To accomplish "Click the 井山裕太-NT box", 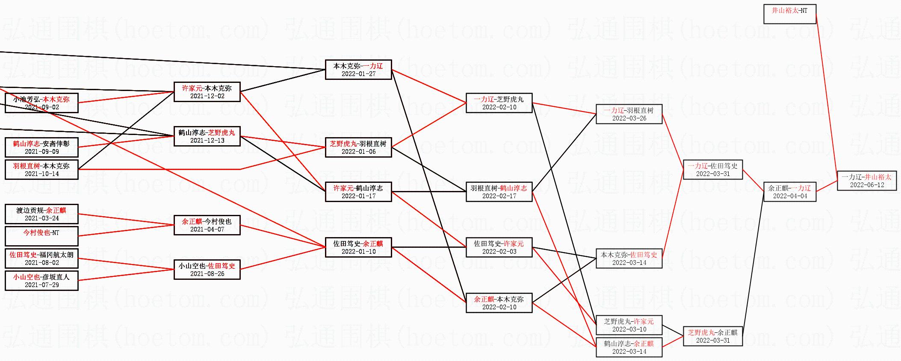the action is pyautogui.click(x=789, y=14).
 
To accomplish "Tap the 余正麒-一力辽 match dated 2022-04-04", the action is pyautogui.click(x=790, y=192).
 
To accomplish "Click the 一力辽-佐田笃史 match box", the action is pyautogui.click(x=712, y=170).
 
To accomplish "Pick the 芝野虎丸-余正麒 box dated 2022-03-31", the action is pyautogui.click(x=712, y=336).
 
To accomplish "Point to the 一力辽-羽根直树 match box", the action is pyautogui.click(x=629, y=114).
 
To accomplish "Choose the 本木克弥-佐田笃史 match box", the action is pyautogui.click(x=629, y=258).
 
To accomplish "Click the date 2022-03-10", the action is pyautogui.click(x=629, y=329).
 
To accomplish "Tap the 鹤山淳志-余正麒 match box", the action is pyautogui.click(x=629, y=347).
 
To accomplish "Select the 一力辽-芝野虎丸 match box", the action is pyautogui.click(x=499, y=103).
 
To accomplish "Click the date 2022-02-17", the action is pyautogui.click(x=499, y=196).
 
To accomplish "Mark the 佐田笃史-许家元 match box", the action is pyautogui.click(x=499, y=247).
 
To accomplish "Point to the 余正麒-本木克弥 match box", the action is pyautogui.click(x=499, y=303).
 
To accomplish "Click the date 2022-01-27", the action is pyautogui.click(x=358, y=74).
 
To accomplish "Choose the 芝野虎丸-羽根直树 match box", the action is pyautogui.click(x=358, y=147).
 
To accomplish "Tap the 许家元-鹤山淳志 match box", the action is pyautogui.click(x=358, y=192).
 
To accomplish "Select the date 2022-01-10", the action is pyautogui.click(x=358, y=252).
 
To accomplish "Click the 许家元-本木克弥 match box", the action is pyautogui.click(x=207, y=92).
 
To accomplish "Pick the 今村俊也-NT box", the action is pyautogui.click(x=41, y=236).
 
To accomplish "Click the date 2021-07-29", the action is pyautogui.click(x=41, y=285).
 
